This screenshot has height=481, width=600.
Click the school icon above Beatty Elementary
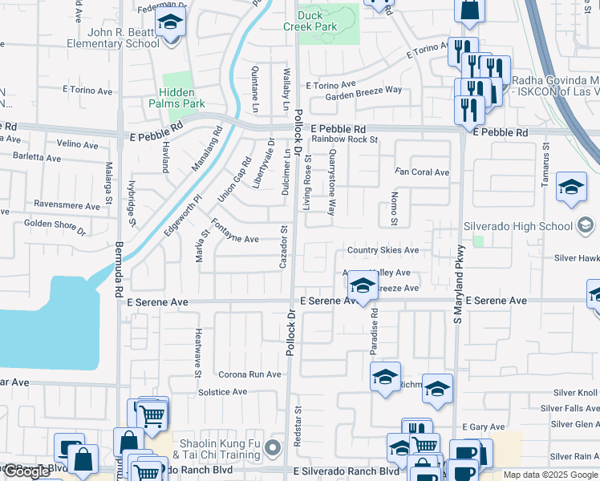169,24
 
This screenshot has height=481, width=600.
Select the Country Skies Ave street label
383,250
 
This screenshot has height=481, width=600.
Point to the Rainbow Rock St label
345,139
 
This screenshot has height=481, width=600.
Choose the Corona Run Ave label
250,374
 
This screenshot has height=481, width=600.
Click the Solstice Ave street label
223,392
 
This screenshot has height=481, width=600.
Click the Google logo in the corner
26,471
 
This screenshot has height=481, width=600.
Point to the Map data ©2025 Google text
549,475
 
